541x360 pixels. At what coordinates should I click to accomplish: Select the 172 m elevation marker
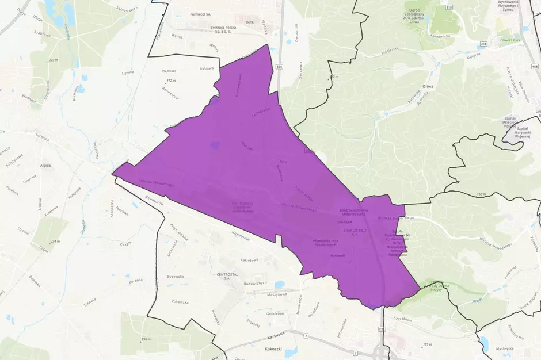[x=170, y=81]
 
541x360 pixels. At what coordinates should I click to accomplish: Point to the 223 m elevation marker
[x=54, y=60]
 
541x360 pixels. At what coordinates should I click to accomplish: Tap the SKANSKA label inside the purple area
[x=345, y=221]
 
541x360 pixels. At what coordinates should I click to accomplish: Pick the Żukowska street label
[x=180, y=302]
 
